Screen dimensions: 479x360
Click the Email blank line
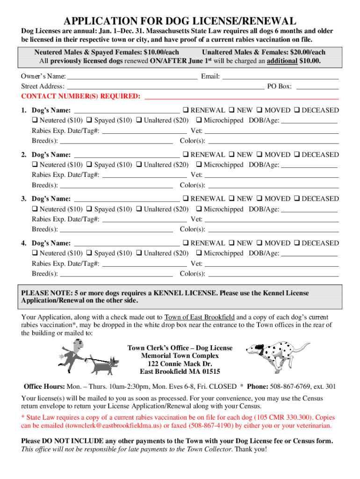(280, 77)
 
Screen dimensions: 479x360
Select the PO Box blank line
(317, 87)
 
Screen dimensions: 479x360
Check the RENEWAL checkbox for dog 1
(186, 111)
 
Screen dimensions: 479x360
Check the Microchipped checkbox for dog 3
(199, 209)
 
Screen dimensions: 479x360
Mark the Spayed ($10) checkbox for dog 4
(90, 254)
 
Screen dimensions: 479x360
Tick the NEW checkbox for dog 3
(232, 199)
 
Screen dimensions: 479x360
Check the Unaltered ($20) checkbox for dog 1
(139, 121)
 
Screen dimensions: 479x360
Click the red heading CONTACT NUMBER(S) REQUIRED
(81, 97)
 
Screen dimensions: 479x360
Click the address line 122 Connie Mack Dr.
(180, 364)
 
